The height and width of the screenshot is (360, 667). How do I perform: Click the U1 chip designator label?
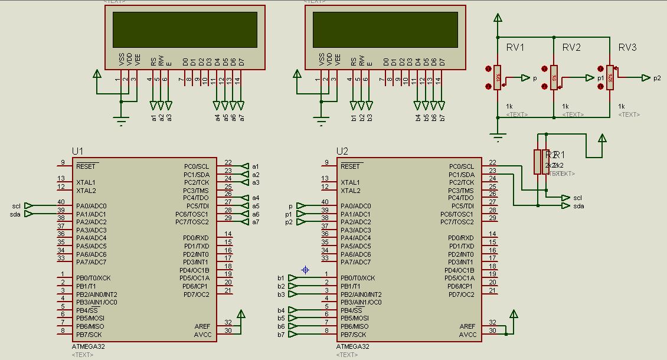pyautogui.click(x=78, y=151)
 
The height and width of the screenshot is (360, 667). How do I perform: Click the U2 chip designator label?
pyautogui.click(x=342, y=151)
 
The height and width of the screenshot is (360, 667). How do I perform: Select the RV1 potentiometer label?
pyautogui.click(x=515, y=47)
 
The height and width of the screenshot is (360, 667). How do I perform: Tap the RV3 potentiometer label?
pyautogui.click(x=627, y=47)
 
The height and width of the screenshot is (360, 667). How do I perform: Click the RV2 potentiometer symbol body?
pyautogui.click(x=554, y=77)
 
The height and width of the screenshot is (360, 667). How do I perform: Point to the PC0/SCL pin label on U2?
pyautogui.click(x=461, y=167)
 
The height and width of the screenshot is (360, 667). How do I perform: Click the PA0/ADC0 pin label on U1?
pyautogui.click(x=91, y=206)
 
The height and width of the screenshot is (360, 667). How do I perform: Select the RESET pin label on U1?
pyautogui.click(x=87, y=167)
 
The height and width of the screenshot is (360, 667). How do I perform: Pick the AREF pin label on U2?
pyautogui.click(x=467, y=326)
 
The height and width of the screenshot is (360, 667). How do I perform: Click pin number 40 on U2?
pyautogui.click(x=325, y=202)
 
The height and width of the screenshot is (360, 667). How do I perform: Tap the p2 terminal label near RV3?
pyautogui.click(x=657, y=78)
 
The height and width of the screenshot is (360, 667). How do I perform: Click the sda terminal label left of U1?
pyautogui.click(x=15, y=214)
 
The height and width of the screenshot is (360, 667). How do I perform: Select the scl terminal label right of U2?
pyautogui.click(x=578, y=198)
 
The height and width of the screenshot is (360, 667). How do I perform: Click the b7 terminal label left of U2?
pyautogui.click(x=281, y=335)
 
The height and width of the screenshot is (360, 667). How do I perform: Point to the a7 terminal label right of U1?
pyautogui.click(x=256, y=222)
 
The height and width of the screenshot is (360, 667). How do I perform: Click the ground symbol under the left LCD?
pyautogui.click(x=121, y=121)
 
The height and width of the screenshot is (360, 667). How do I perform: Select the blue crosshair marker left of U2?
pyautogui.click(x=305, y=270)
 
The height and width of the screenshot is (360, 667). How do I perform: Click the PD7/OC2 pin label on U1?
pyautogui.click(x=196, y=294)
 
